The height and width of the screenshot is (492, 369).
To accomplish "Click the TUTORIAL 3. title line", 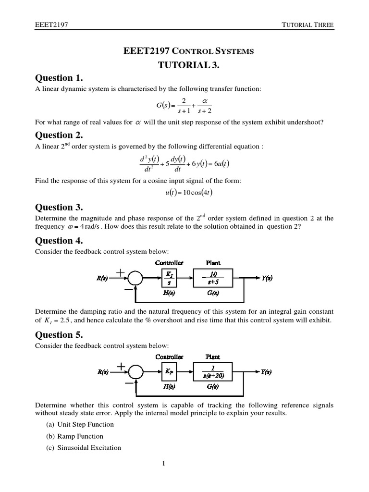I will tap(185, 64).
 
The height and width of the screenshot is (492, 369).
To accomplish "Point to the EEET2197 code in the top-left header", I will tap(50, 25).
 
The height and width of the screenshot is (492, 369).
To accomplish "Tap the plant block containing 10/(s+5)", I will tap(212, 278).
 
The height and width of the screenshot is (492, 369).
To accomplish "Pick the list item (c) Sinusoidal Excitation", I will tap(83, 448).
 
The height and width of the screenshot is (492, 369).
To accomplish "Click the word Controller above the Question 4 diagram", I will tap(169, 262).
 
